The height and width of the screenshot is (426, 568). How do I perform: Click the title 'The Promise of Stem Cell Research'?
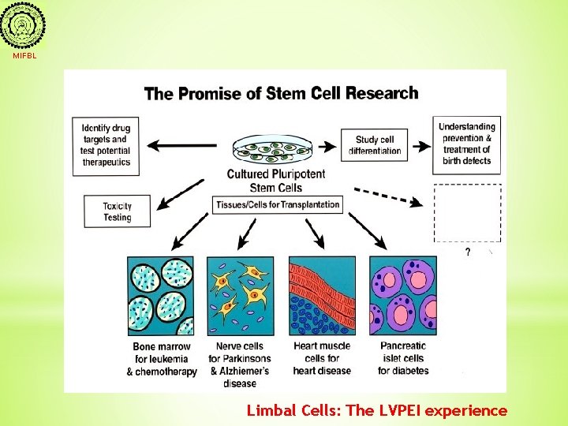tap(281, 93)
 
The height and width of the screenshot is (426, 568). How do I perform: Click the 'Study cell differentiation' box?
tap(375, 145)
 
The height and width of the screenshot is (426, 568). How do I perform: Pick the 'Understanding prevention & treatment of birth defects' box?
tap(466, 144)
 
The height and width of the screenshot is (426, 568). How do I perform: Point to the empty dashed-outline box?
tap(467, 213)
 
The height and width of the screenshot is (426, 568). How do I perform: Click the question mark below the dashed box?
tap(468, 252)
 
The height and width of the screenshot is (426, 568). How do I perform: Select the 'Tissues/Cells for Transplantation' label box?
tap(277, 204)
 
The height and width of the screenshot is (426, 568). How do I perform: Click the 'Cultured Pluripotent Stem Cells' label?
tap(275, 181)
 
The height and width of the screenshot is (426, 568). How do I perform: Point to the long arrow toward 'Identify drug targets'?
tap(182, 145)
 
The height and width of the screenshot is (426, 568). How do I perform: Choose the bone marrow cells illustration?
tap(161, 296)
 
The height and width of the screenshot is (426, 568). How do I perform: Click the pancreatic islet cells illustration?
tap(402, 296)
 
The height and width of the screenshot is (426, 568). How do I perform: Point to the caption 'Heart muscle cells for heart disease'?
tap(321, 358)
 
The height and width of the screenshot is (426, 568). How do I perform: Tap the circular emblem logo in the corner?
tap(23, 27)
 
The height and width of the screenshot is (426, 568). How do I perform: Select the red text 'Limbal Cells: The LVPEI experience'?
tap(377, 410)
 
